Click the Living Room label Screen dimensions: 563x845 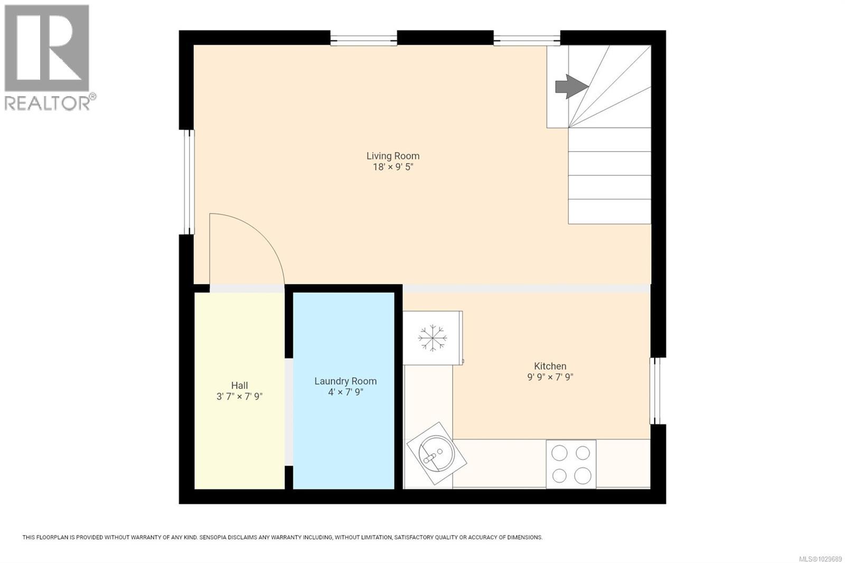(x=393, y=156)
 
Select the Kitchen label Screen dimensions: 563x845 (x=550, y=366)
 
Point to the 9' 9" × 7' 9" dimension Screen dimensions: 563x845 (x=550, y=377)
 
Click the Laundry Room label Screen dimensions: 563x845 (x=345, y=381)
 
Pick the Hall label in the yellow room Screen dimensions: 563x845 (x=239, y=386)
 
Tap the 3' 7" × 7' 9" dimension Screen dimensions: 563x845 (x=239, y=397)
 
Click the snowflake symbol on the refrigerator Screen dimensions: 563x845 (x=433, y=338)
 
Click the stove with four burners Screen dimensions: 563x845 (x=571, y=464)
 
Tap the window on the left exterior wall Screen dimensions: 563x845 (x=189, y=182)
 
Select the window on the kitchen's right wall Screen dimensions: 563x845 (x=655, y=391)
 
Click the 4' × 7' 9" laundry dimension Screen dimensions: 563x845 (x=345, y=392)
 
